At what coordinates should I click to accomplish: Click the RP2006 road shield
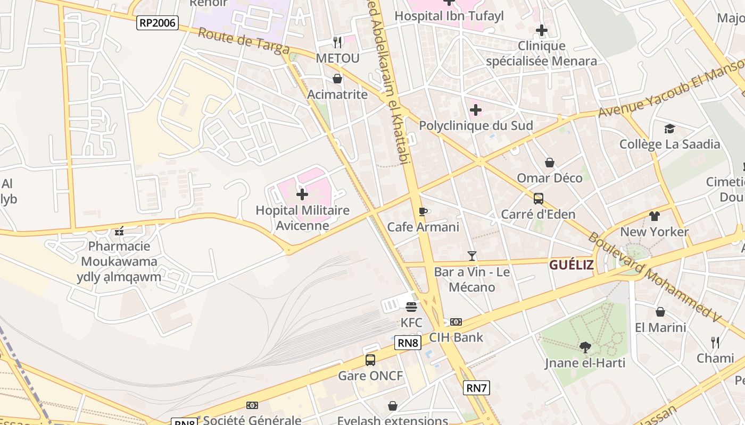click(x=157, y=22)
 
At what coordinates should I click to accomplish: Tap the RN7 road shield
click(x=476, y=388)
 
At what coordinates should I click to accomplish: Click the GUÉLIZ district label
click(x=571, y=265)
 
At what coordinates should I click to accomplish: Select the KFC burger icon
click(x=411, y=307)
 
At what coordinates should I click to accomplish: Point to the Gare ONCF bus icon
click(x=370, y=360)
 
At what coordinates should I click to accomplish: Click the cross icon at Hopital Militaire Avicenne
click(x=302, y=194)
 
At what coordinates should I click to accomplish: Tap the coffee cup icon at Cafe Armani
click(x=423, y=211)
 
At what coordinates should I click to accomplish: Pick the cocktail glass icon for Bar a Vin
click(x=471, y=256)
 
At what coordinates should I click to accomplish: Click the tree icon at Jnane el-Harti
click(x=585, y=347)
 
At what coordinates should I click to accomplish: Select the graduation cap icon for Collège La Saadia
click(x=669, y=129)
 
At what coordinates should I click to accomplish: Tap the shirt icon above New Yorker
click(x=654, y=216)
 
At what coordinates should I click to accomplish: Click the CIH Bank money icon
click(x=456, y=321)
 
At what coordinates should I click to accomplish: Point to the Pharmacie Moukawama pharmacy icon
click(x=119, y=231)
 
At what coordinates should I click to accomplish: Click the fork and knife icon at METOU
click(x=337, y=42)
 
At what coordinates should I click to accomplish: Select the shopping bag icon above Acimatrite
click(x=337, y=79)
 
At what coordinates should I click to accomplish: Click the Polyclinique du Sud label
click(x=476, y=125)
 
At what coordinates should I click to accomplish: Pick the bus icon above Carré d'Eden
click(x=538, y=199)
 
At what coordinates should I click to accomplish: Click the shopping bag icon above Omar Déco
click(x=550, y=163)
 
